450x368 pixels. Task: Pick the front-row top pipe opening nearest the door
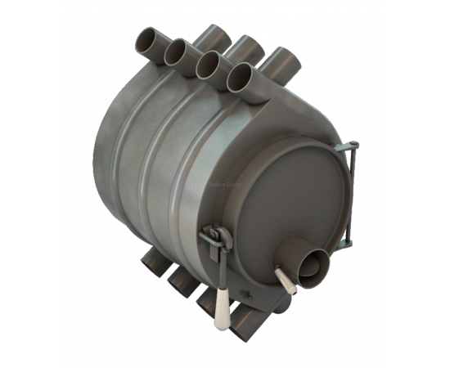pyautogui.click(x=241, y=76)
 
